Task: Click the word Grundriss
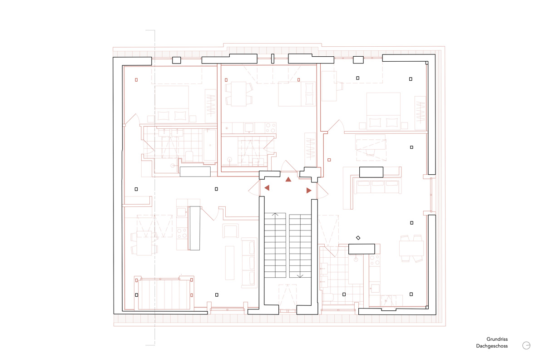[x=497, y=339]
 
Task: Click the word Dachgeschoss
[x=491, y=346]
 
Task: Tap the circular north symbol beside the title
[x=526, y=345]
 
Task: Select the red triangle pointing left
[x=267, y=187]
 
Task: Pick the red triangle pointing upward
[x=288, y=180]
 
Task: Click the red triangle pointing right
[x=309, y=191]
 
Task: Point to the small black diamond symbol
[x=358, y=238]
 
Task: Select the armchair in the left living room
[x=231, y=231]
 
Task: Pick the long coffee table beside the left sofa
[x=229, y=263]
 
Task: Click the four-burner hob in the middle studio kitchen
[x=271, y=128]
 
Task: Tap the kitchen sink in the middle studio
[x=249, y=128]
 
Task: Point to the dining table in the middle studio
[x=238, y=93]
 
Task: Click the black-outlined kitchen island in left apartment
[x=195, y=228]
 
